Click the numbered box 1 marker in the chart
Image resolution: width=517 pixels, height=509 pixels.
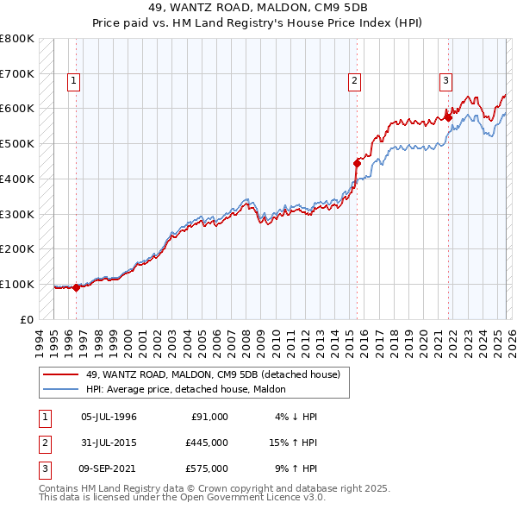(75, 82)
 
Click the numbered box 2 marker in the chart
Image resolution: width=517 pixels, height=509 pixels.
(354, 82)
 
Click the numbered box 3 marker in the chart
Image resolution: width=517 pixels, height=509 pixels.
(445, 82)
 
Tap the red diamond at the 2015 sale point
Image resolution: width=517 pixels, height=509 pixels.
(357, 162)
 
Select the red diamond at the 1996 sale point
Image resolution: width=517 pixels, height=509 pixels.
(77, 287)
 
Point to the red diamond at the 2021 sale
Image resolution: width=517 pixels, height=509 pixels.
(448, 117)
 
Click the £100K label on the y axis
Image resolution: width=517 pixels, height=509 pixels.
(17, 284)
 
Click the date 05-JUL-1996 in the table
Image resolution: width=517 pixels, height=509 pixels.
(109, 417)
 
